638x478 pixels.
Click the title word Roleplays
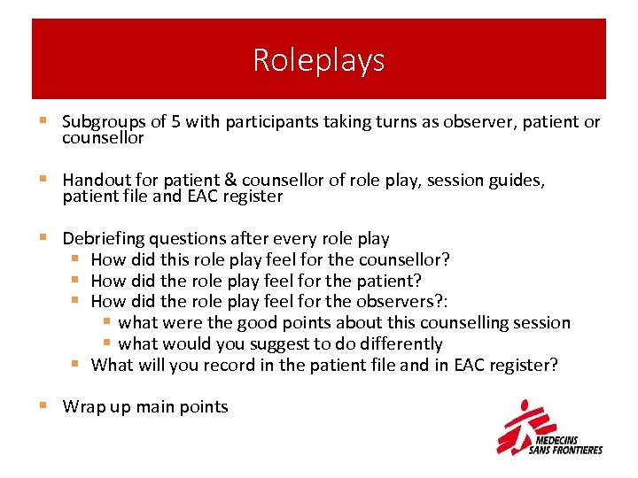[319, 60]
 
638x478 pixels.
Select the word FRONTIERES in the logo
[577, 450]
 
